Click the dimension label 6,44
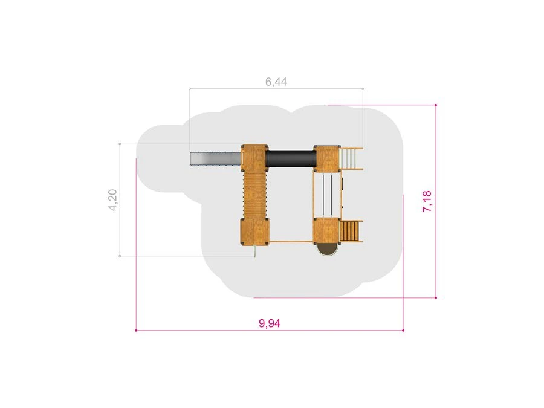pos(276,82)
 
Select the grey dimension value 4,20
pos(113,200)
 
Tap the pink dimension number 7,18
pos(427,201)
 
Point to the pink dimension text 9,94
pos(270,323)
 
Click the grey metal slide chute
pos(216,159)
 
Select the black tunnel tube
pos(291,159)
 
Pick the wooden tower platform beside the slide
pos(254,158)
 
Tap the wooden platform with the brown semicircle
pos(326,231)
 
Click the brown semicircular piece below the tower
pos(326,250)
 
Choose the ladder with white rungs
pos(351,158)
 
